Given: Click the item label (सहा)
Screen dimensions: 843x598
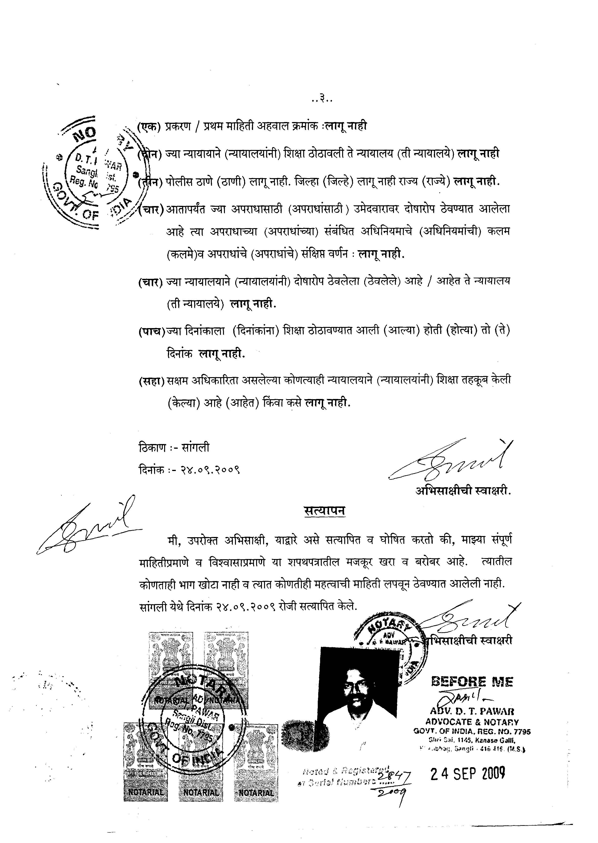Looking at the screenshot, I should [151, 381].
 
